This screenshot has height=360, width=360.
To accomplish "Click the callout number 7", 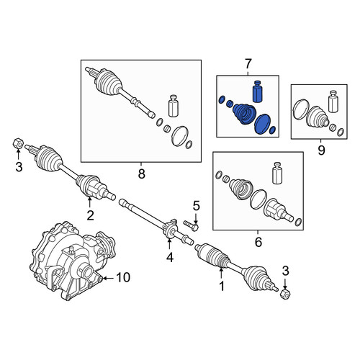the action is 248,64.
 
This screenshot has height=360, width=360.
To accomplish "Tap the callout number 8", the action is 142,174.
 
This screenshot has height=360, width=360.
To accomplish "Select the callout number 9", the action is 321,150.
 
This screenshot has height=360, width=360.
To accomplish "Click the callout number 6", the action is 258,242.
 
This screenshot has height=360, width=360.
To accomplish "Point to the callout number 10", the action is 123,277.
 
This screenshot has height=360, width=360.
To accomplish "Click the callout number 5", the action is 196,206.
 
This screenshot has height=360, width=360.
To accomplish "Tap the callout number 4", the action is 170,258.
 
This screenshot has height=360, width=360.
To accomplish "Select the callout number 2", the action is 90,215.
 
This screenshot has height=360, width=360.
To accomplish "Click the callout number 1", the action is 222,286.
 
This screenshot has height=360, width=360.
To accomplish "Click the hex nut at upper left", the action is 18,143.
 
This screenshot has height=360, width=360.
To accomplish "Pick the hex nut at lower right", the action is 286,294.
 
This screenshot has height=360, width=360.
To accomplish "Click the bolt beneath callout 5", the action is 192,225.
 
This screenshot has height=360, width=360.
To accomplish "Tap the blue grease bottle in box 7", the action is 258,91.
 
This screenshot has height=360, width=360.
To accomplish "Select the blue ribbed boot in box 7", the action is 244,114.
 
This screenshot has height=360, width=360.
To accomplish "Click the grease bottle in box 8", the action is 174,106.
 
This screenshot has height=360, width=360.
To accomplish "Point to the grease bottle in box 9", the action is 333,102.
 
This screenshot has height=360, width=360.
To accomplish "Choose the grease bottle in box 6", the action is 277,173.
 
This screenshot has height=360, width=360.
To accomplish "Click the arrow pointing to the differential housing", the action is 109,278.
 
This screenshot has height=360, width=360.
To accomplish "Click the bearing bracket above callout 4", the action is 170,229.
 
